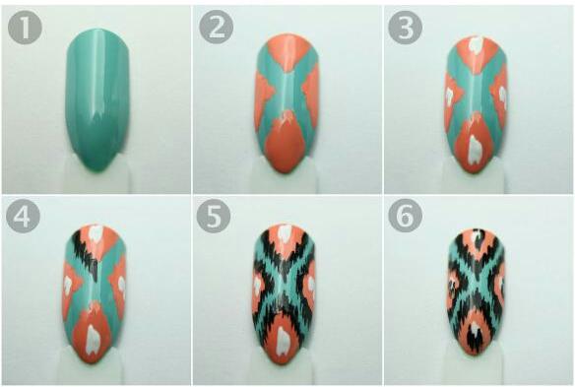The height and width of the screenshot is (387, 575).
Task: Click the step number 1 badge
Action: (24, 31)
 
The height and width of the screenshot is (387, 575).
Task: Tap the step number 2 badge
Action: (216, 31)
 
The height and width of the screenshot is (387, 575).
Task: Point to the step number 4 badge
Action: (24, 217)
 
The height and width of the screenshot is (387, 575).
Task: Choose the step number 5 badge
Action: (216, 217)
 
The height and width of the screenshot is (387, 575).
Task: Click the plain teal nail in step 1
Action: (96, 98)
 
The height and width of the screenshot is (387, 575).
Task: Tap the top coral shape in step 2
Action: (287, 54)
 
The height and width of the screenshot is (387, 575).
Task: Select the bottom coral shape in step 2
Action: (287, 143)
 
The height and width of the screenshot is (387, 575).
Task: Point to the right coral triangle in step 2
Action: (310, 94)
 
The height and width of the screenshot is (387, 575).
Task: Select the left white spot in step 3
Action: (449, 96)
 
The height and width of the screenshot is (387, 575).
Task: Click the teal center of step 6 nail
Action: (476, 286)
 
